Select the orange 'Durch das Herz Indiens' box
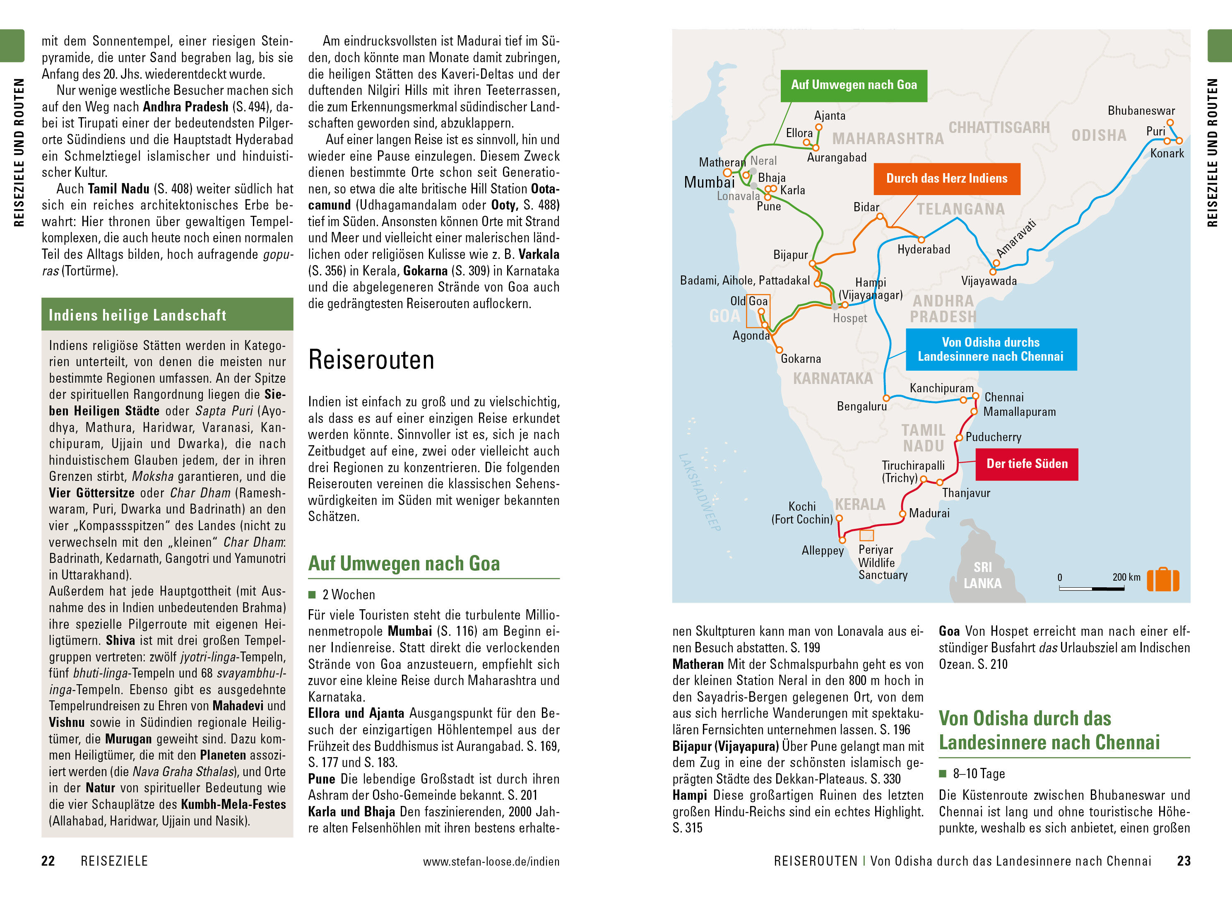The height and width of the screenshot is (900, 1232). (x=946, y=179)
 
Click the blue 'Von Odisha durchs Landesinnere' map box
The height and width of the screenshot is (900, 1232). (x=990, y=350)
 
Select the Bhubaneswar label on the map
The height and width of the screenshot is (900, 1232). (x=1141, y=111)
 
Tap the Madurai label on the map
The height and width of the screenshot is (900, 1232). (x=929, y=514)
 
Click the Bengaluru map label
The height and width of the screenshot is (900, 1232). (x=861, y=406)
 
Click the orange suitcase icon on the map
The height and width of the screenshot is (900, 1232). (x=1162, y=580)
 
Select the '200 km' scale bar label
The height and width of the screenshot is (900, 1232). (x=1126, y=577)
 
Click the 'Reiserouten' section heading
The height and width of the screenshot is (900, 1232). (x=371, y=360)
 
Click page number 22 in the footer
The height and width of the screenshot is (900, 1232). (x=48, y=861)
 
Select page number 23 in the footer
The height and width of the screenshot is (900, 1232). (x=1184, y=861)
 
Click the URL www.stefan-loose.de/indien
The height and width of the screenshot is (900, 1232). (x=491, y=862)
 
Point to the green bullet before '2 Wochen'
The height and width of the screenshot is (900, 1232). (x=312, y=594)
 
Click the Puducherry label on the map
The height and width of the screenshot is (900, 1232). (x=993, y=437)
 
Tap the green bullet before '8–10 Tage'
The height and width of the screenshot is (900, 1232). (x=943, y=774)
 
